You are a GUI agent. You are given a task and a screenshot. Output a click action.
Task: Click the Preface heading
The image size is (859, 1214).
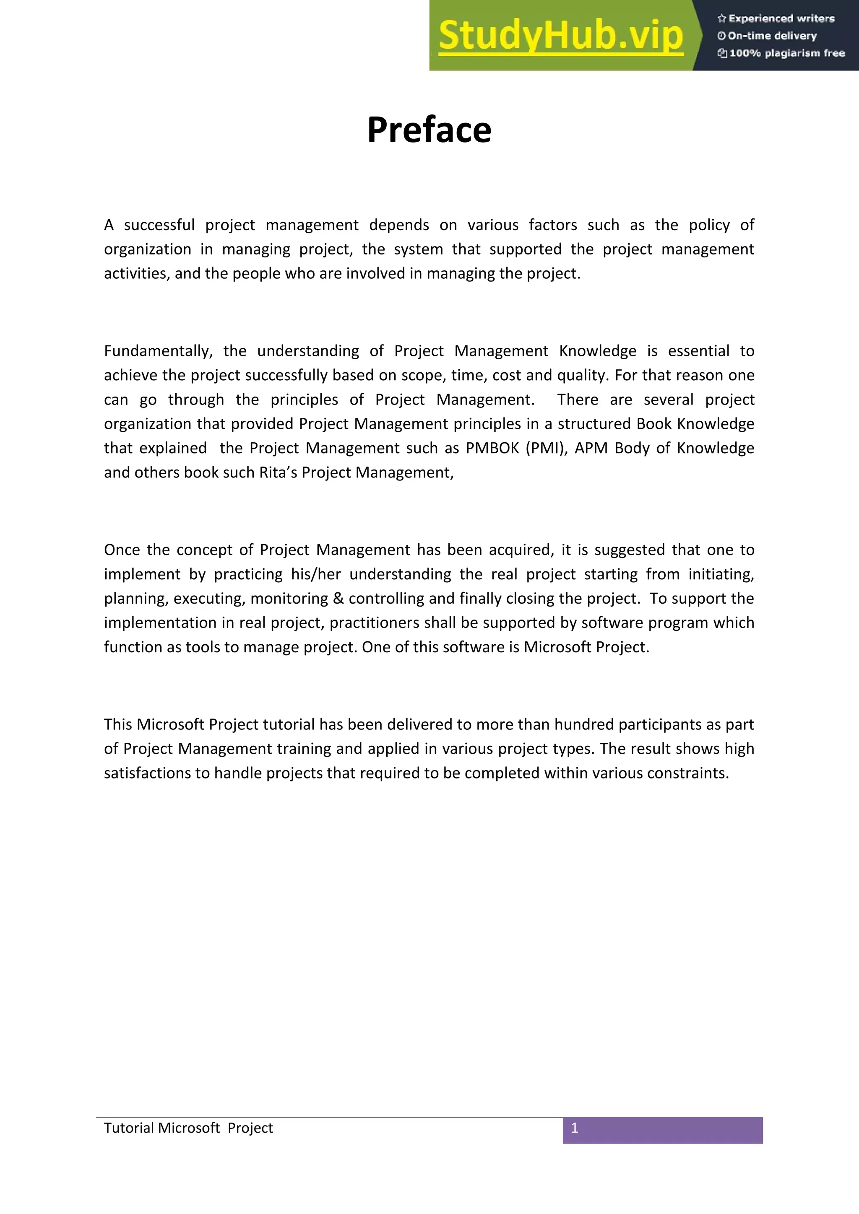429,130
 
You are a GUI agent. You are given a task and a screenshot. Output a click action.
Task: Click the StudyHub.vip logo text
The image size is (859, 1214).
561,36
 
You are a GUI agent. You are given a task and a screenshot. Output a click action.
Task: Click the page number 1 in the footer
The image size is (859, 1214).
575,1128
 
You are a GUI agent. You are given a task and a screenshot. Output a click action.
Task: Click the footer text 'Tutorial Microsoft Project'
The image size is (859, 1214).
188,1128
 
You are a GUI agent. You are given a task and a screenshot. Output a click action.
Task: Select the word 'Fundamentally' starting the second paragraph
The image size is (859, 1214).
158,351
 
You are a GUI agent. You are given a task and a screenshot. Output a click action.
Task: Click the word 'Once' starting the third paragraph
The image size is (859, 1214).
121,550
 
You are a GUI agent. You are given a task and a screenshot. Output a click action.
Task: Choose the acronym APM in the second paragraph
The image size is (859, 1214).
591,448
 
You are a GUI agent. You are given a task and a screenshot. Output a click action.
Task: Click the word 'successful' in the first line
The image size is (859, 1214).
159,225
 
